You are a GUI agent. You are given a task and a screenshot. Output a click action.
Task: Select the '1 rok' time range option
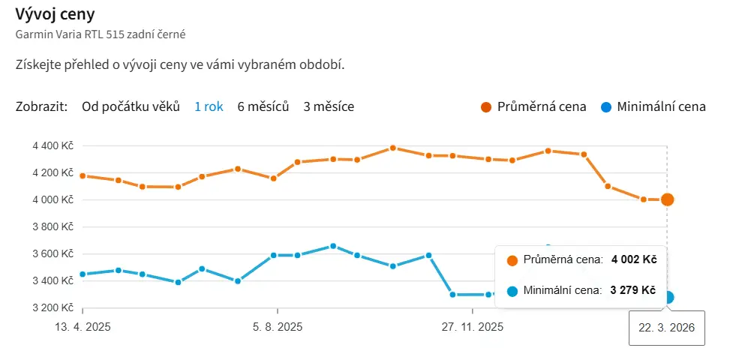[209, 106]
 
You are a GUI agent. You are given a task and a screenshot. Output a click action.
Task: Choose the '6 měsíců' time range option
[263, 106]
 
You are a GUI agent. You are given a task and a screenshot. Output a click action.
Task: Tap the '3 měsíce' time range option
[329, 106]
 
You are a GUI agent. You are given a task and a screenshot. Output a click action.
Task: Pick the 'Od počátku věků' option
[131, 106]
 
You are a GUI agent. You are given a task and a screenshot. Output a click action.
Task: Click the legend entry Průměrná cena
[541, 106]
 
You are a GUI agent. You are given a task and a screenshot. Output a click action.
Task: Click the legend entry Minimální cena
[660, 106]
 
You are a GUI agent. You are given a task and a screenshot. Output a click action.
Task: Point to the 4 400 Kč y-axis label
[53, 145]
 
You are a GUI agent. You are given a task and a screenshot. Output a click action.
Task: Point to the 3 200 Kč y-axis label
[53, 307]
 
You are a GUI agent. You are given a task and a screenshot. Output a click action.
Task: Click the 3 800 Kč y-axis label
[53, 226]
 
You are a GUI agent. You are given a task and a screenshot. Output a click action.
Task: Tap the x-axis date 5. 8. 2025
[277, 327]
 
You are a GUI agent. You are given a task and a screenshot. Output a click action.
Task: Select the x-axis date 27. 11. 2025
[472, 327]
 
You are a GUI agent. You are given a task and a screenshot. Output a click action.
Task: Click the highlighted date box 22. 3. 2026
[667, 328]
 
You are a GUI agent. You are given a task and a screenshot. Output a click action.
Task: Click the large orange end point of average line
[667, 199]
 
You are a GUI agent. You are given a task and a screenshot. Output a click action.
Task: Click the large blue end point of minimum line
[668, 297]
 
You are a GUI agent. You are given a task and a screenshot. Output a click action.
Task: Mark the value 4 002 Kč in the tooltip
[634, 260]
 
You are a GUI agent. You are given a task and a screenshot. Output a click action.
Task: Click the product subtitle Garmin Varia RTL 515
[101, 34]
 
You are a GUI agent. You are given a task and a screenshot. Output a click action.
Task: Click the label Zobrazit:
[42, 106]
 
